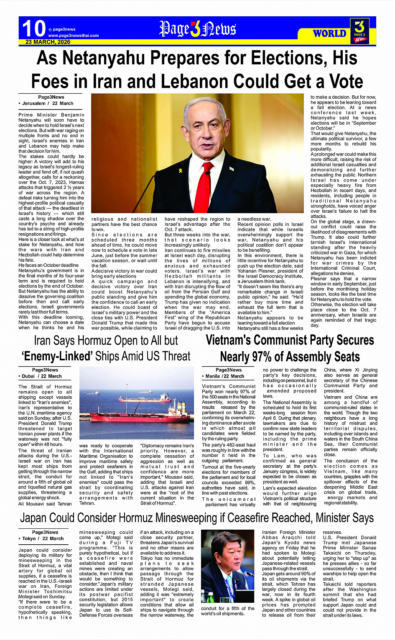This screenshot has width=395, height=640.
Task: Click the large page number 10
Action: [34, 28]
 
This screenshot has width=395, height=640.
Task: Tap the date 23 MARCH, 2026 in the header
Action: [48, 42]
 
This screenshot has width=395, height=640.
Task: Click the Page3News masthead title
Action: [198, 29]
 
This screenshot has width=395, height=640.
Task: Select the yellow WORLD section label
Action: [329, 33]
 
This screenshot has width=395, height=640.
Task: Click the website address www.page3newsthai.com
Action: [74, 36]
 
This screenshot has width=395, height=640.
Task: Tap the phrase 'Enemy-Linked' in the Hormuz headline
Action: [57, 356]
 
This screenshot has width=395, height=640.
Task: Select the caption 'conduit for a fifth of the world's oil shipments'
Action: [227, 611]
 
